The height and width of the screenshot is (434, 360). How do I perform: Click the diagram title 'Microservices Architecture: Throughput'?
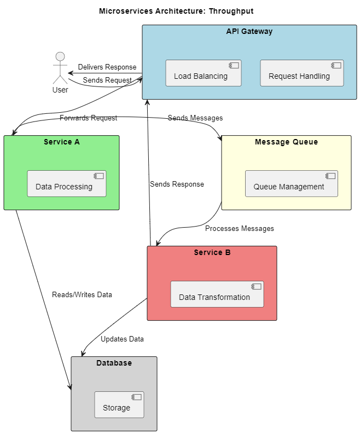coord(176,11)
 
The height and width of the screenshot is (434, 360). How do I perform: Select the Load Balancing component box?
coord(203,73)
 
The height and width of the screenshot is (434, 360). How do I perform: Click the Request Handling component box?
coord(301,73)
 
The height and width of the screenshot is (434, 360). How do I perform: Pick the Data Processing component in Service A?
coord(67,184)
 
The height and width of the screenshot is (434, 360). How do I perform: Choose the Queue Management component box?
coord(291,184)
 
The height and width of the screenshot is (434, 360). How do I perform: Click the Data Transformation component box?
coord(217,294)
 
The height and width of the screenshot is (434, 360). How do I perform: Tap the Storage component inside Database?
coord(119,405)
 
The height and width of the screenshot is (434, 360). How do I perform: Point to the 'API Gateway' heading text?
coord(249,31)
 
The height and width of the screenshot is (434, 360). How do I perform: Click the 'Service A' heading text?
coord(61,142)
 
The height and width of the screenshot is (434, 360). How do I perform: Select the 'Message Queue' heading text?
coord(286,142)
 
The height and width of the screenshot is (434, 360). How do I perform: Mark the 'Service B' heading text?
coord(212,252)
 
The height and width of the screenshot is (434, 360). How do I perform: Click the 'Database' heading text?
coord(114,363)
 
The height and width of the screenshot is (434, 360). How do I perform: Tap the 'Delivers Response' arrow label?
coord(107,67)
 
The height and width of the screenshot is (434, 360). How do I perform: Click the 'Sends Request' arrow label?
coord(107,80)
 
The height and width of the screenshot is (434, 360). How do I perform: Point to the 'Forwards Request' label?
coord(88,118)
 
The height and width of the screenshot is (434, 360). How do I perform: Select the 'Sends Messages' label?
coord(195,118)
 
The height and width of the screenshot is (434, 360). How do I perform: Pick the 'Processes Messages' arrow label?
coord(239,228)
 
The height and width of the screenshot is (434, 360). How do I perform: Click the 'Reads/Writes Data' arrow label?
coord(82,294)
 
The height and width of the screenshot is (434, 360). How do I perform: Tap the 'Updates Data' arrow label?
coord(122,339)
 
